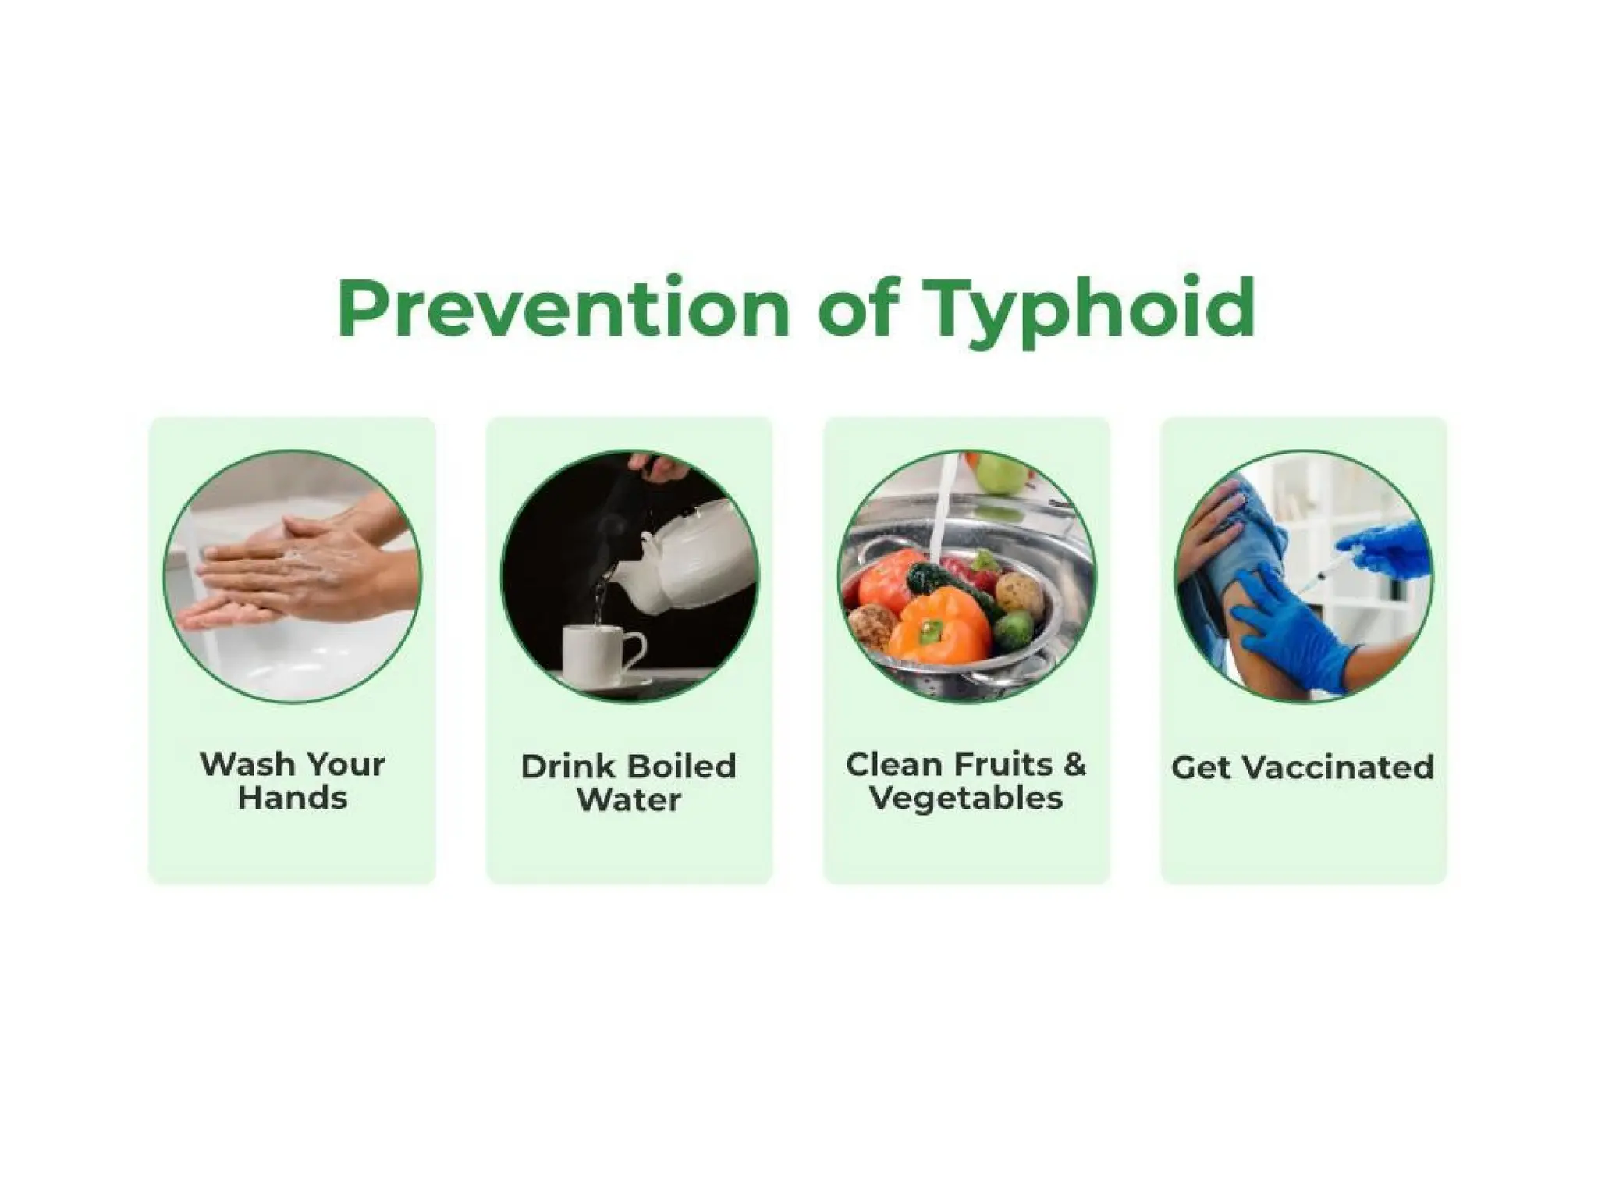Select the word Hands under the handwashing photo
point(293,799)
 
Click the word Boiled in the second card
point(681,766)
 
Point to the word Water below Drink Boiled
point(629,800)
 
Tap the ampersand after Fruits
point(1074,764)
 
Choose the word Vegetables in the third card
point(966,799)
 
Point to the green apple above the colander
point(1001,473)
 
